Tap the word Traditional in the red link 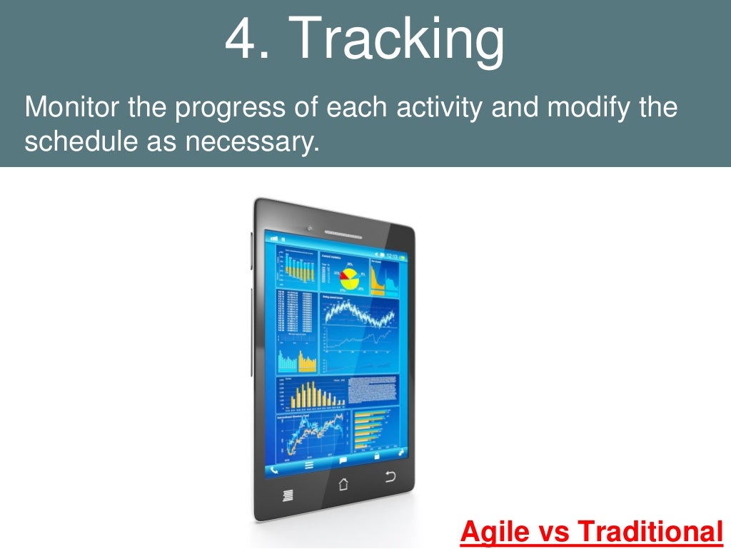(649, 531)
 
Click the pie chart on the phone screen (349, 276)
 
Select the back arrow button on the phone (390, 477)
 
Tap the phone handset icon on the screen (275, 469)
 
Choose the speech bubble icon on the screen (343, 460)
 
